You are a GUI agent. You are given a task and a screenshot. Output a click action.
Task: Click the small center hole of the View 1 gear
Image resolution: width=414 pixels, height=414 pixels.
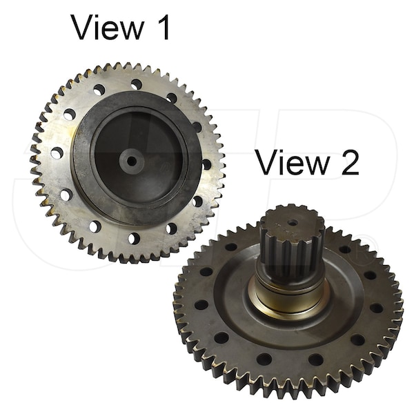pyautogui.click(x=132, y=161)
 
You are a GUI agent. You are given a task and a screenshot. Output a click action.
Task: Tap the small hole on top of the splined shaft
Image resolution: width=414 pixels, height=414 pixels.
pyautogui.click(x=293, y=223)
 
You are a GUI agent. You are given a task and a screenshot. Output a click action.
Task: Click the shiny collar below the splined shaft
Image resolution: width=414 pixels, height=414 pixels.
pyautogui.click(x=288, y=293)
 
